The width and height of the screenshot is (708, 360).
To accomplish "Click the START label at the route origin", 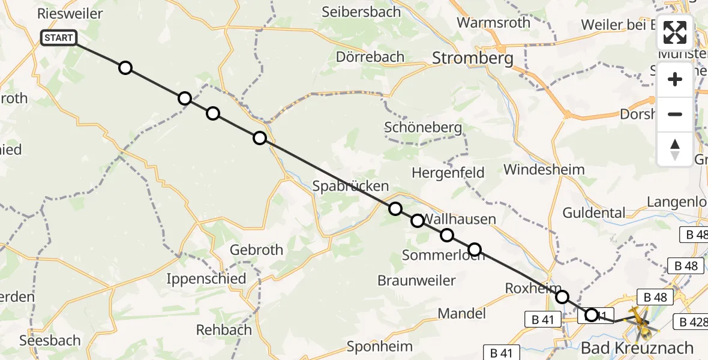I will [x=59, y=38].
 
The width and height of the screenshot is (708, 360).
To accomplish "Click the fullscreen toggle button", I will [x=675, y=32].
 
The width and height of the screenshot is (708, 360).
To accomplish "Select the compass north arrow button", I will [x=675, y=149].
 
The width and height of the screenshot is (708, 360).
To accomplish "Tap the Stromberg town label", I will [x=473, y=58].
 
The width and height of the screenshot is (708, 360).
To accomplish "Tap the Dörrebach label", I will [x=370, y=57].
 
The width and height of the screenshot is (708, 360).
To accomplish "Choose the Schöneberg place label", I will [x=423, y=127].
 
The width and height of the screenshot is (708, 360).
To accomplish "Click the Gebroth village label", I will [x=257, y=250].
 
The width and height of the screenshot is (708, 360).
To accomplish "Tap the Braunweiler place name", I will [x=416, y=280].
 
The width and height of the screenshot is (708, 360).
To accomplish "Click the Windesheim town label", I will [x=544, y=169].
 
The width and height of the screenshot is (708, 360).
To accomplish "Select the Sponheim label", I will [x=380, y=346].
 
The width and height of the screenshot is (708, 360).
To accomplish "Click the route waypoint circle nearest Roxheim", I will [x=562, y=297].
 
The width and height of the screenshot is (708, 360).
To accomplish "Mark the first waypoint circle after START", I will [x=125, y=68].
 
